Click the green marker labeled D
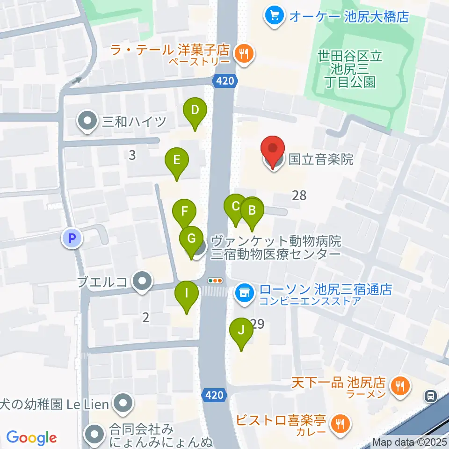click(195, 111)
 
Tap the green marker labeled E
click(177, 161)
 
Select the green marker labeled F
click(185, 211)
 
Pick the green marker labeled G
click(191, 239)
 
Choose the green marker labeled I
click(186, 294)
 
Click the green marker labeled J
click(241, 331)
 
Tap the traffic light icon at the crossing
click(215, 281)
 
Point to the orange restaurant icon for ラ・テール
click(243, 54)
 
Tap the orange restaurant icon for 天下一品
click(400, 386)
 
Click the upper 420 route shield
click(223, 81)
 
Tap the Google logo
click(32, 438)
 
